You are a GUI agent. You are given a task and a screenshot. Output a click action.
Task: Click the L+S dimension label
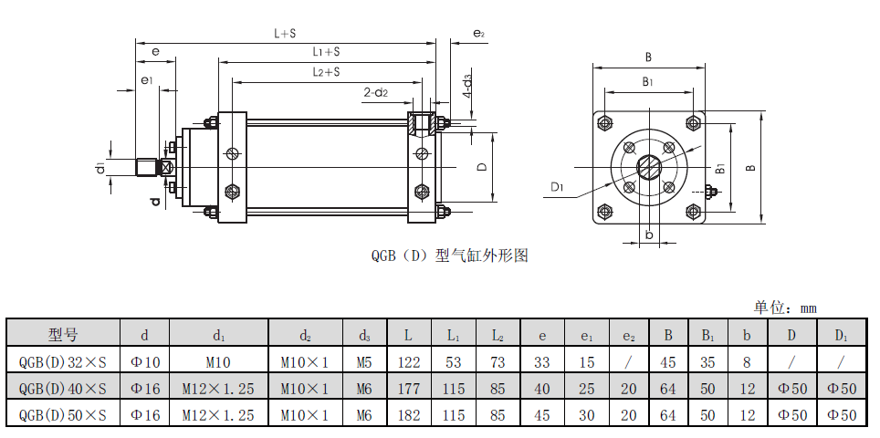point(286,33)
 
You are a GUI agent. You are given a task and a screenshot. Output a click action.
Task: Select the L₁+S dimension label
point(326,52)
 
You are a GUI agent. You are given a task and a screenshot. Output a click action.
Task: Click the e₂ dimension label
point(478,34)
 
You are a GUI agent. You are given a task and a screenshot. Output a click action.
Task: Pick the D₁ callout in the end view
point(559,187)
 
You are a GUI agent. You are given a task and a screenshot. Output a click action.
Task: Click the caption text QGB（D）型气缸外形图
point(450,255)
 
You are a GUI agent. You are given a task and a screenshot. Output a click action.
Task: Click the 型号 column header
point(63,333)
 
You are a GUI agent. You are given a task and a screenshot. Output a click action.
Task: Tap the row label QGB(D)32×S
point(63,361)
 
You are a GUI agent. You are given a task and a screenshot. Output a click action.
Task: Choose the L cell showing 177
point(408,389)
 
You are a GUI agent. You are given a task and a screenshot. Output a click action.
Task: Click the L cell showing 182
point(408,415)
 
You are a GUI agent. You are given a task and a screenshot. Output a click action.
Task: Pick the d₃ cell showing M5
point(364,361)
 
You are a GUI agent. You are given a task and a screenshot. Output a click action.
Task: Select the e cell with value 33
point(542,361)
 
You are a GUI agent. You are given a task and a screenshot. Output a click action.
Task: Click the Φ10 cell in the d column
point(145,361)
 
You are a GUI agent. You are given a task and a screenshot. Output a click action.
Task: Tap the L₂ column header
point(498,334)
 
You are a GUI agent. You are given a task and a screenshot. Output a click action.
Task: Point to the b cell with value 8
point(748,361)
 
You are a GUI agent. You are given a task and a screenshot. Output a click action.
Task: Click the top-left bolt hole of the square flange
point(605,122)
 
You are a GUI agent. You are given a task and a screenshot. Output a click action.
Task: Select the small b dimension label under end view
point(649,235)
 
